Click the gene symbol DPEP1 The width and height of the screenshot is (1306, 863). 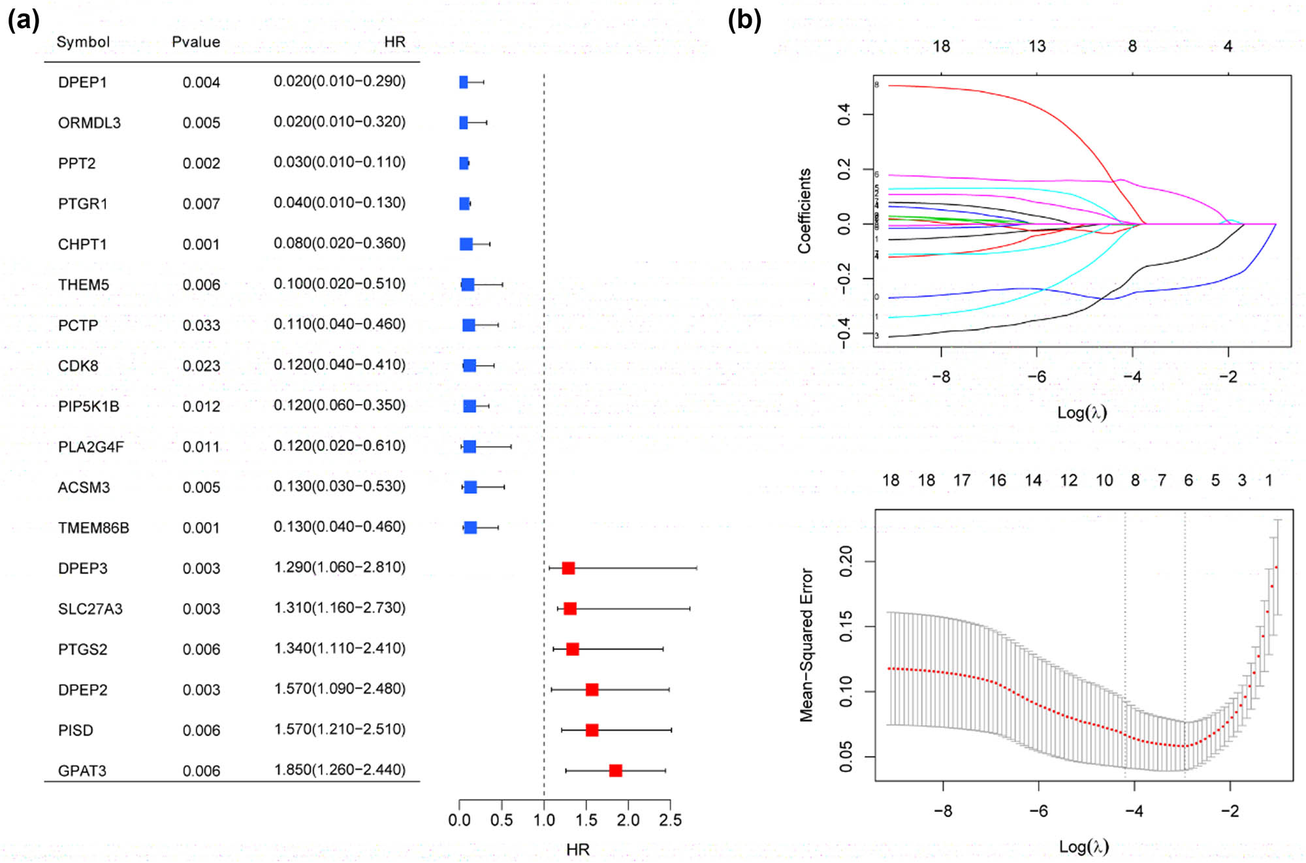pos(82,82)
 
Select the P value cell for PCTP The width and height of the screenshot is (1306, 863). pos(201,325)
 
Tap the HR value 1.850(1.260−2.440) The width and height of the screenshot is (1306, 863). pos(340,770)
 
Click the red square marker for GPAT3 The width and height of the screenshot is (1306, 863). pos(615,770)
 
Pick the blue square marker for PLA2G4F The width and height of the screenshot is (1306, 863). pos(470,447)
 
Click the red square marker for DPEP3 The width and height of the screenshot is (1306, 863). pos(568,568)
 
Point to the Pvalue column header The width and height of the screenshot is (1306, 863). pos(196,42)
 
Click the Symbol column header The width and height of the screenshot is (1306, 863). pos(83,42)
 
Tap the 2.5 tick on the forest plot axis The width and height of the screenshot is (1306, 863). pos(670,820)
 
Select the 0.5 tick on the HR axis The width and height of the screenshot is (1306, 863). pos(502,820)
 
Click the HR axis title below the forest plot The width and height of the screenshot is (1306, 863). pos(578,849)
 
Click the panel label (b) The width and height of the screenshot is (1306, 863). pos(744,21)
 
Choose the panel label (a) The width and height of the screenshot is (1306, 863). pos(24,21)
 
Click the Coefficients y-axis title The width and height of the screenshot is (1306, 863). pos(804,211)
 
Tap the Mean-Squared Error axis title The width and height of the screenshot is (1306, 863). pos(806,645)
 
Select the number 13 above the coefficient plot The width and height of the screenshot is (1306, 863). pos(1037,46)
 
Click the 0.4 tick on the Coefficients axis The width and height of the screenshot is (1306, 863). pos(844,114)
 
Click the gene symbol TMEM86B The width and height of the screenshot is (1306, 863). pos(93,527)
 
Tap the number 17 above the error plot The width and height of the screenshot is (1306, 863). pos(962,480)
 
